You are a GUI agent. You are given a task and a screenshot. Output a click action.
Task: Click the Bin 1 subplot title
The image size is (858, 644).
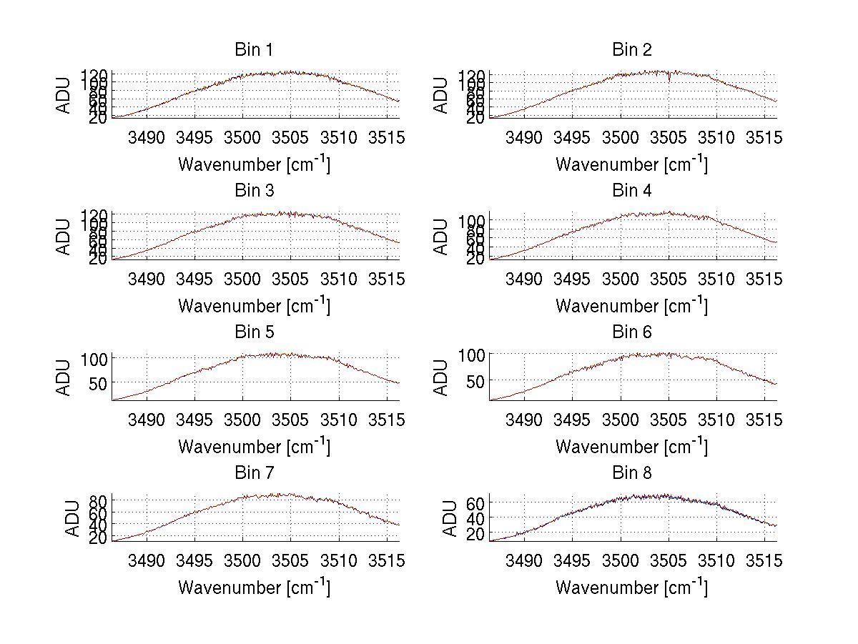point(253,50)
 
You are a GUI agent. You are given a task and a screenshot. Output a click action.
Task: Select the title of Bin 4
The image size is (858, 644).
point(632,191)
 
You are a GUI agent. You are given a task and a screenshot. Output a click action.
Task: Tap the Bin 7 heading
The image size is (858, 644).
point(253,473)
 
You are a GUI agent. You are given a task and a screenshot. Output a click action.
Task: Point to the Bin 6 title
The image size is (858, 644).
point(632,332)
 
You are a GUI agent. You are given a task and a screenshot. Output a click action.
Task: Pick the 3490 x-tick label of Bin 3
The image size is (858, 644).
point(146,279)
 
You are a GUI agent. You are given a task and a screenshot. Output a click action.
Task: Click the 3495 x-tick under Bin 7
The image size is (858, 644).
point(194,561)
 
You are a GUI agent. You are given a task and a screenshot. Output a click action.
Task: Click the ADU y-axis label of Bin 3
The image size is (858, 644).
point(64,236)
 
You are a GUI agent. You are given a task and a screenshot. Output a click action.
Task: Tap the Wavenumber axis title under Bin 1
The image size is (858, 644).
point(254,164)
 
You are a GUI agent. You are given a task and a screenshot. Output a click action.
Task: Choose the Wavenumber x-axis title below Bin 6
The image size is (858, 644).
point(631,447)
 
